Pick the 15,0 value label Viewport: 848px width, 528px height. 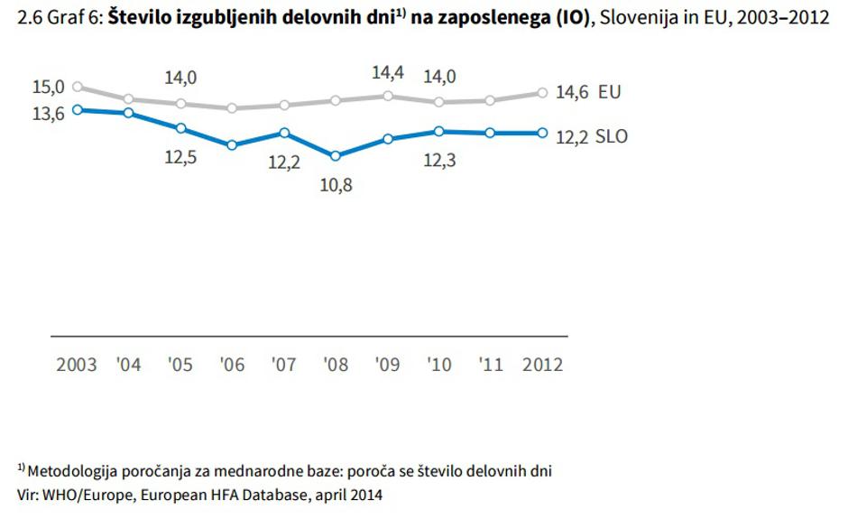(x=48, y=87)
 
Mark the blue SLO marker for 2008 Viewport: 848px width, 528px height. (x=336, y=155)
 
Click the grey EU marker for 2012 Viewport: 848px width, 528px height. (x=542, y=92)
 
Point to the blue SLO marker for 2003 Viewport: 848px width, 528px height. (x=77, y=109)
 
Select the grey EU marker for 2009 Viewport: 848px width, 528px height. (x=388, y=96)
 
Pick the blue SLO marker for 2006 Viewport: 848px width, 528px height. (x=233, y=144)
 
